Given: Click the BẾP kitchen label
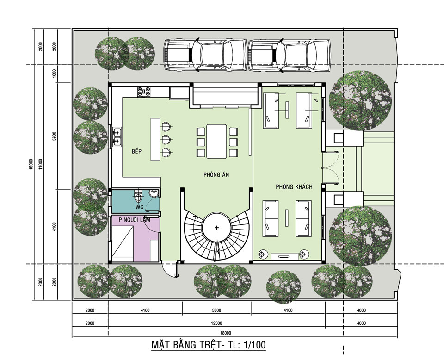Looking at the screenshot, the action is (136, 151).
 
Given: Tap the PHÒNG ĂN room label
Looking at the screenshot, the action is (216, 174).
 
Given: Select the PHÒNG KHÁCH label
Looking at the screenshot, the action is (294, 186).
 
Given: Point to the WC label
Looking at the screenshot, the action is (139, 207).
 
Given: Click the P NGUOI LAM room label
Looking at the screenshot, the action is (135, 220).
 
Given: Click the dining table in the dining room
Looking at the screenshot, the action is (216, 141).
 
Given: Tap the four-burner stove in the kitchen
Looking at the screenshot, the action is (144, 92).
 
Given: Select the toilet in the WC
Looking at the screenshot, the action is (138, 195).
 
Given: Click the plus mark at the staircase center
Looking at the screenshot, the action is (216, 228).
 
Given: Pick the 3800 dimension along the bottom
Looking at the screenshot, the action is (216, 310).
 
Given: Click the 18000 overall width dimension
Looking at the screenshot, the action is (225, 333).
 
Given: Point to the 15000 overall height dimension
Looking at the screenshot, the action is (31, 164).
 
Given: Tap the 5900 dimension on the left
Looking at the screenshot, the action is (55, 136).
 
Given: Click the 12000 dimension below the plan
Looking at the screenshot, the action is (216, 323).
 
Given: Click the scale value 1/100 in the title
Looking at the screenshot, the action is (254, 345).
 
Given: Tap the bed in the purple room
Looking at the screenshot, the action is (123, 242).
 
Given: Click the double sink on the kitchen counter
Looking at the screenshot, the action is (117, 137).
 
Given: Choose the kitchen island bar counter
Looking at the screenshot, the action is (155, 140).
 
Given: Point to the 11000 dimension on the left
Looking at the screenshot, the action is (41, 164).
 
